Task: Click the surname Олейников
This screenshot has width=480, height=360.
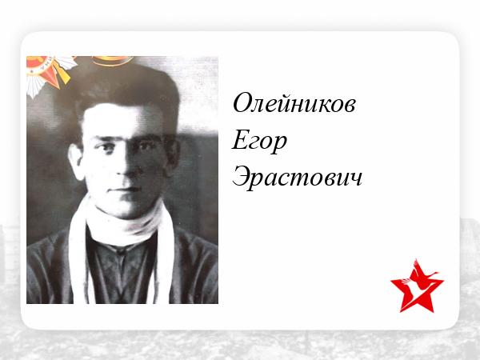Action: pos(294,103)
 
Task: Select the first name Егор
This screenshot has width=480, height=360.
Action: pos(259,142)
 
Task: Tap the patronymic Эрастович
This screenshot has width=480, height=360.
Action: pos(298,178)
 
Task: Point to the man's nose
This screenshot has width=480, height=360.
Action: pos(126,167)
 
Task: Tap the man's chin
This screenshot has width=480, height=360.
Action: pos(125,208)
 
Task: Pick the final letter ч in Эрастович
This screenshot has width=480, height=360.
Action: pos(355,179)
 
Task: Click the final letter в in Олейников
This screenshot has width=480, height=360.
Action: pos(349,106)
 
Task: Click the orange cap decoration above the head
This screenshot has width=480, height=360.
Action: pos(113,61)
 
